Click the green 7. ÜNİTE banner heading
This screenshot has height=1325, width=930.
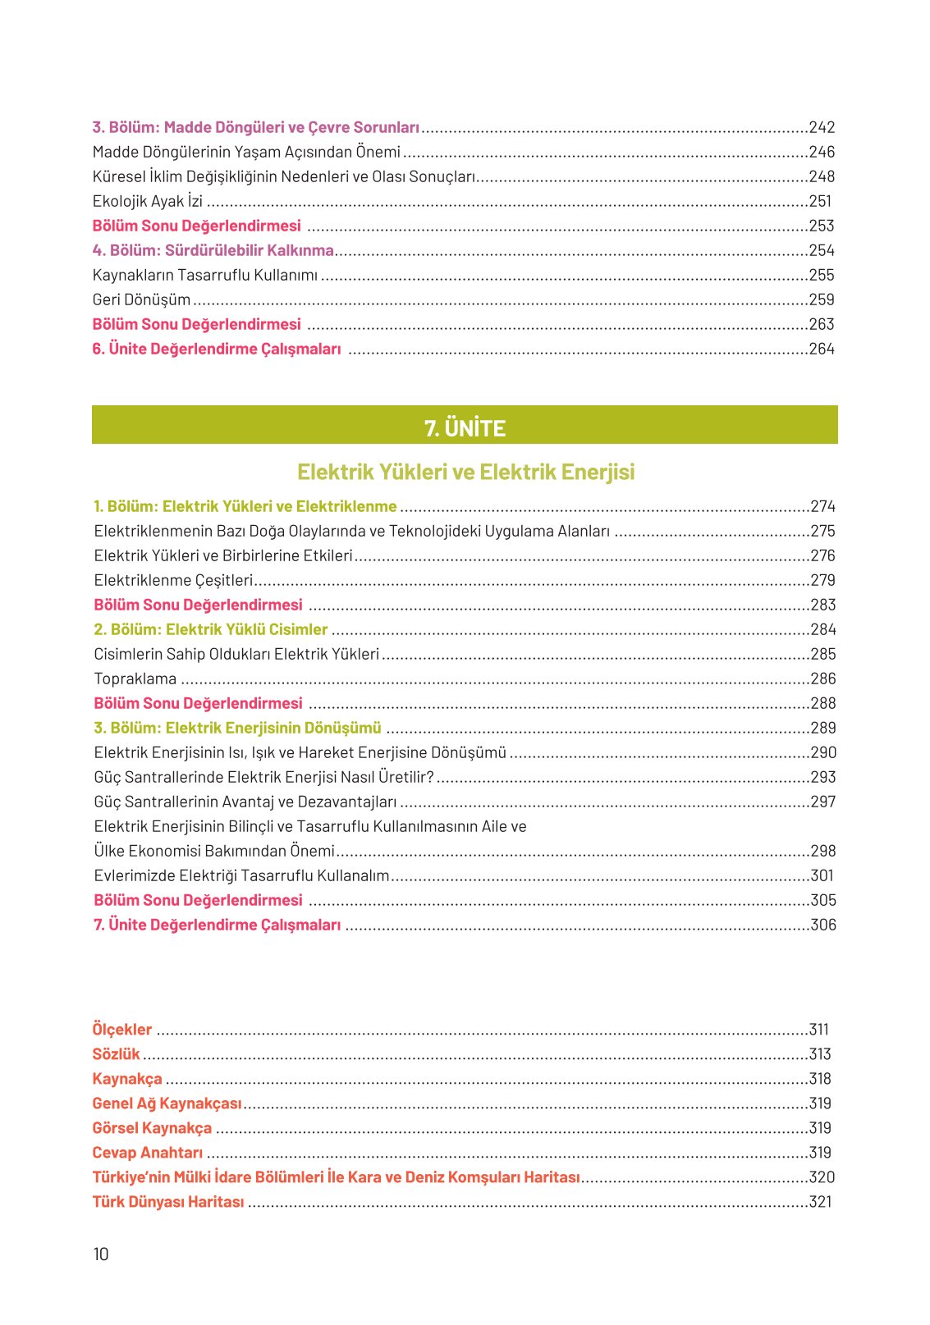pos(465,427)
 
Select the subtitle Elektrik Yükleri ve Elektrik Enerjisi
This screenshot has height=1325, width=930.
pos(465,472)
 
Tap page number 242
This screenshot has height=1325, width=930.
pos(822,127)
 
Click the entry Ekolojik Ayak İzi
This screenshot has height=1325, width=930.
pos(148,201)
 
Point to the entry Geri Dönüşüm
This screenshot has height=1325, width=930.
pos(141,299)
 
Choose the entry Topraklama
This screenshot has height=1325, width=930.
pos(135,678)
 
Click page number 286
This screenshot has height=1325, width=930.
pos(822,678)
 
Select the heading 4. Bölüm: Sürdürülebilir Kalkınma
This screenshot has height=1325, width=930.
pos(213,250)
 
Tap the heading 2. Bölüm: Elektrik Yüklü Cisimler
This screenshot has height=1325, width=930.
pos(211,629)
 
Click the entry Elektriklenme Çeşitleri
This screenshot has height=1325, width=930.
pos(173,580)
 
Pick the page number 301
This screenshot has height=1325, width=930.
pos(822,875)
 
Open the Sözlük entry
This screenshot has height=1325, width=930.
pos(116,1054)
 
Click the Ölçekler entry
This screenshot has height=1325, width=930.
pos(122,1030)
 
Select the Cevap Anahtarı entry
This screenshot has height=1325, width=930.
pos(148,1153)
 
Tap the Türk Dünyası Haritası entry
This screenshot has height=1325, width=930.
pos(168,1202)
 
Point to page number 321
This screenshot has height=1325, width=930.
pos(820,1202)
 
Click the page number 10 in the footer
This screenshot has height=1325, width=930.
pos(101,1254)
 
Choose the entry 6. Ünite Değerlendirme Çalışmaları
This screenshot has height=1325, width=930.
pos(217,349)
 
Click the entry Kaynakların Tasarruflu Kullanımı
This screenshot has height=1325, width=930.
pos(205,275)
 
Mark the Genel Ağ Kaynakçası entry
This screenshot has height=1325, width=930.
pos(167,1103)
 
